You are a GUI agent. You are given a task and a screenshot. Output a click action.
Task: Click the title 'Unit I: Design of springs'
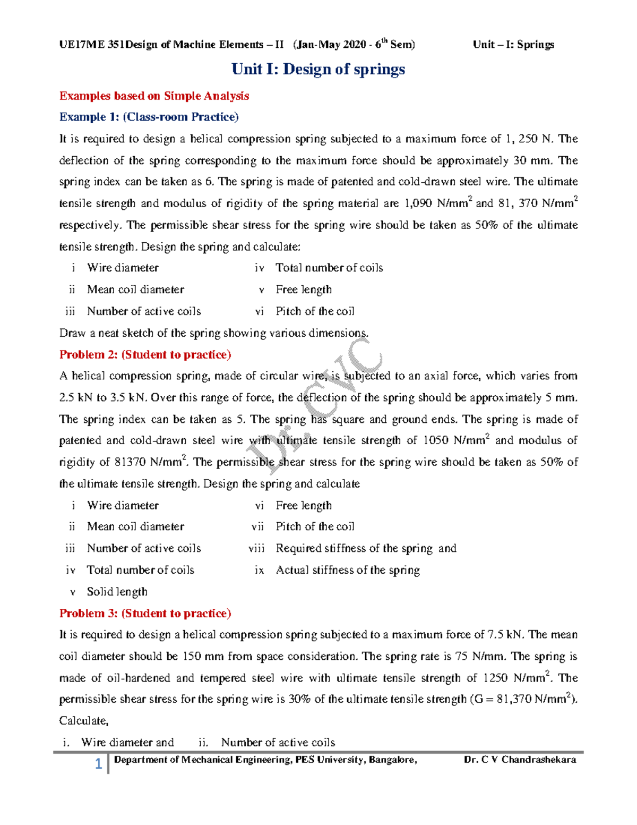click(x=318, y=69)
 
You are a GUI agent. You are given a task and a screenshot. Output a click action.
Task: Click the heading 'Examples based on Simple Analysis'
click(x=154, y=96)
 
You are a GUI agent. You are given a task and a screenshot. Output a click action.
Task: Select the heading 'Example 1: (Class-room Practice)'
click(x=149, y=117)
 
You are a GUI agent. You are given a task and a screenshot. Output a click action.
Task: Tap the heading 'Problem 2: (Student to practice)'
click(x=145, y=355)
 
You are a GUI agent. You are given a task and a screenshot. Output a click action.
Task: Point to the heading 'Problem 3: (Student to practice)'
click(x=145, y=614)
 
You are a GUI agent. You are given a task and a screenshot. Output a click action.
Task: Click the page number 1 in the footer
click(x=98, y=764)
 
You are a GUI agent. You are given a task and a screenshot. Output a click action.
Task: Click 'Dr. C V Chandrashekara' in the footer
click(x=520, y=760)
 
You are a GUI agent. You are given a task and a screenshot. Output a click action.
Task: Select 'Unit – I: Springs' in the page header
click(x=513, y=45)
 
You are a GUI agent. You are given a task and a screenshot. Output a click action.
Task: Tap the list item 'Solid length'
click(x=117, y=592)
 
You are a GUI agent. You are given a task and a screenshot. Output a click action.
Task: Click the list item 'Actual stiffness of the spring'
click(x=348, y=570)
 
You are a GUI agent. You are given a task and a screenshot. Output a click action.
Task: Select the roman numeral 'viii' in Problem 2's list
click(x=256, y=549)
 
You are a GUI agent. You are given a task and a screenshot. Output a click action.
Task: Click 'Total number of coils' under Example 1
click(x=329, y=268)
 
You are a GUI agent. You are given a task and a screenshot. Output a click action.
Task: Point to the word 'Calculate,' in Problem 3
click(x=84, y=721)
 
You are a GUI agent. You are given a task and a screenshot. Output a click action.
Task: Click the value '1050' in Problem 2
click(x=435, y=440)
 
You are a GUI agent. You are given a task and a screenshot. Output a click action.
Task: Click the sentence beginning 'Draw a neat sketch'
click(x=213, y=333)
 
